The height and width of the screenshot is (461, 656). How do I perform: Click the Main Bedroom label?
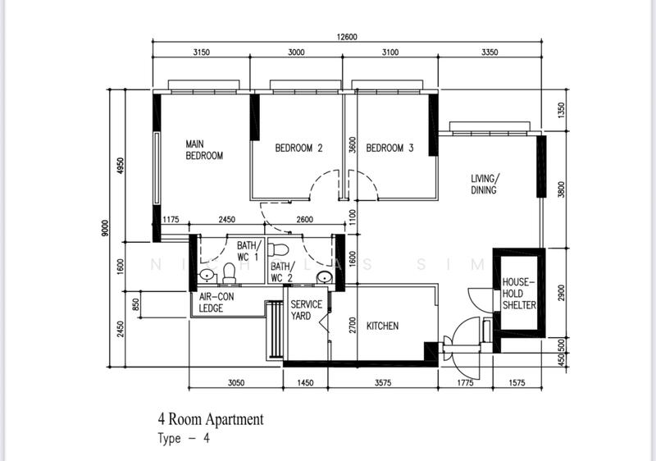point(204,150)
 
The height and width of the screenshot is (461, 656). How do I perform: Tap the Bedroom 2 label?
point(298,148)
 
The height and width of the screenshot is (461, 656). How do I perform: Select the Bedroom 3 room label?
point(389,148)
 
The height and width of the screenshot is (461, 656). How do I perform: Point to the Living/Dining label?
point(485,184)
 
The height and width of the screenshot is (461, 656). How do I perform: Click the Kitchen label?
point(382,326)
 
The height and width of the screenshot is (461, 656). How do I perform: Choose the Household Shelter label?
point(519,294)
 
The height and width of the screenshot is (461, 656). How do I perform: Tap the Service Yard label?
point(306,310)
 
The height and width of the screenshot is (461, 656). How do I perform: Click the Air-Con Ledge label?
point(216,303)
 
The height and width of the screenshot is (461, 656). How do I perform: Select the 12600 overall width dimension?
point(347,37)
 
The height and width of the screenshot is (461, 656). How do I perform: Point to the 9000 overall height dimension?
point(105,228)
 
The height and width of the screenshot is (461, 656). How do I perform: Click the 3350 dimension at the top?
point(490,52)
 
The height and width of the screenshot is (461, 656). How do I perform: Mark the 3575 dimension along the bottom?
point(383,383)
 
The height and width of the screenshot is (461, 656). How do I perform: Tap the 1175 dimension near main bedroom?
point(171,219)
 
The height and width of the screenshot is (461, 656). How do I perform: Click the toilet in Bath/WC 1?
point(229,273)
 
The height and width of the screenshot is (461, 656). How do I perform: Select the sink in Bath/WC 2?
point(325,277)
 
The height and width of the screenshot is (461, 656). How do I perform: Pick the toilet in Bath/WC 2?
point(278,249)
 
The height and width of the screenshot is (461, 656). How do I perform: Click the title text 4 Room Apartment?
point(211,419)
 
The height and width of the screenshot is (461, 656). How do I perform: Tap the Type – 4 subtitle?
point(184,438)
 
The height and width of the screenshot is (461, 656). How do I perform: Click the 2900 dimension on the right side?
point(562,292)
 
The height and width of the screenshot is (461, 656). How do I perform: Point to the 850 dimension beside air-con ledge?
point(135,304)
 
